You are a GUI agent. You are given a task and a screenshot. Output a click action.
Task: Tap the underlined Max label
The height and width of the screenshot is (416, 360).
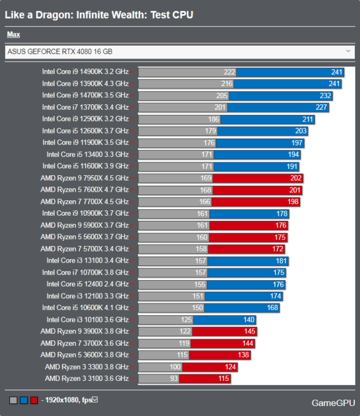[x=13, y=35]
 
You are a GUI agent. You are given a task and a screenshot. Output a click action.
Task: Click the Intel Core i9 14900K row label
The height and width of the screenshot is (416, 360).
[x=86, y=71]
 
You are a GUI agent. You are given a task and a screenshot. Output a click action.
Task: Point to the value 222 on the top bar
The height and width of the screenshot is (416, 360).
[x=229, y=71]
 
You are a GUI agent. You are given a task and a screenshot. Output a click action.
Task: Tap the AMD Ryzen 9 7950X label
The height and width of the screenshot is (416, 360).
[x=84, y=178]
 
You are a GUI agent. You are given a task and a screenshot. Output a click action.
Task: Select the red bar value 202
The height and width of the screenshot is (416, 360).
[x=296, y=178]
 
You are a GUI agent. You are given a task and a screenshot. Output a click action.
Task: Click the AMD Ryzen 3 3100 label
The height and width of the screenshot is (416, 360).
[x=87, y=379]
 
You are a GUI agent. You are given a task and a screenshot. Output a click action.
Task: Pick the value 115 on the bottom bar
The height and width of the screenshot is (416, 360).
[x=223, y=379]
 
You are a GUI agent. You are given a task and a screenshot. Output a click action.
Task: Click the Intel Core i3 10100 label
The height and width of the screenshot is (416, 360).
[x=87, y=319]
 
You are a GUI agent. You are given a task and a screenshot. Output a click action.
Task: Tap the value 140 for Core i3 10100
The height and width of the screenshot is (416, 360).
[x=249, y=319]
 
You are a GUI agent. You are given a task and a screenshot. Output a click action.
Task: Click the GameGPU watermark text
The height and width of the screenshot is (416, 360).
[x=332, y=403]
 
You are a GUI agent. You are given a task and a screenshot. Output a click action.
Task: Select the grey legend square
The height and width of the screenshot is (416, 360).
[x=13, y=400]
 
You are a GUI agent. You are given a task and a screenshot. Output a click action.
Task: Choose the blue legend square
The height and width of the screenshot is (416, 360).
[x=23, y=400]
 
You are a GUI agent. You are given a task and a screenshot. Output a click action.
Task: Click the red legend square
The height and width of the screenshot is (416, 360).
[x=34, y=400]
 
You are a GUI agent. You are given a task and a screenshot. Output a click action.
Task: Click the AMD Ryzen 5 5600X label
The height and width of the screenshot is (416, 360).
[x=84, y=237]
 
